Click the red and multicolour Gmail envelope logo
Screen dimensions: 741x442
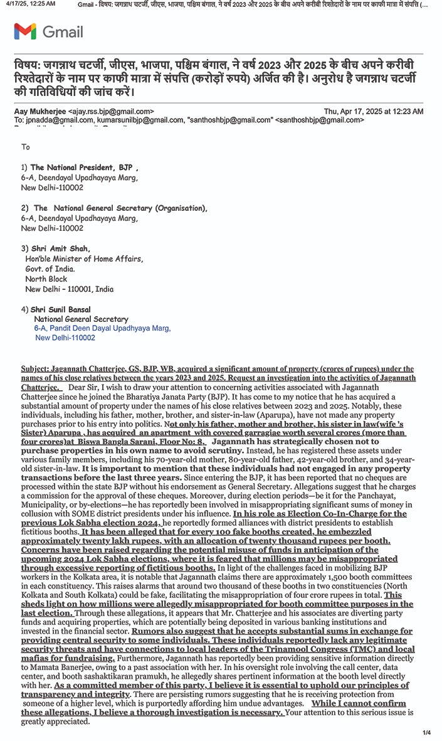(25, 31)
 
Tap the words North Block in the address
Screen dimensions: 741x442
(46, 279)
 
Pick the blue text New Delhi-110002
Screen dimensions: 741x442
(65, 338)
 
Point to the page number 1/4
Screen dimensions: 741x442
(427, 732)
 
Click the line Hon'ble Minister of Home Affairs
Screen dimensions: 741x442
(84, 259)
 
